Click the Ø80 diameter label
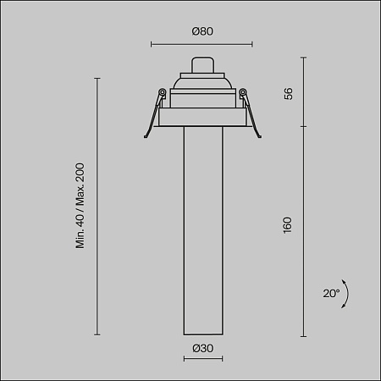click(202, 31)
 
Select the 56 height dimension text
click(289, 93)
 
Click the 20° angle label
click(331, 294)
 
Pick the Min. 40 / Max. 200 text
click(81, 207)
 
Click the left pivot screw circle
click(161, 93)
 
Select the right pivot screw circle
click(242, 93)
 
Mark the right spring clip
click(251, 117)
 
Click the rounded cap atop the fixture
click(202, 65)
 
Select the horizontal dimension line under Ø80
click(202, 44)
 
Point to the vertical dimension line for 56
click(304, 93)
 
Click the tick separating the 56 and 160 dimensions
click(304, 127)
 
